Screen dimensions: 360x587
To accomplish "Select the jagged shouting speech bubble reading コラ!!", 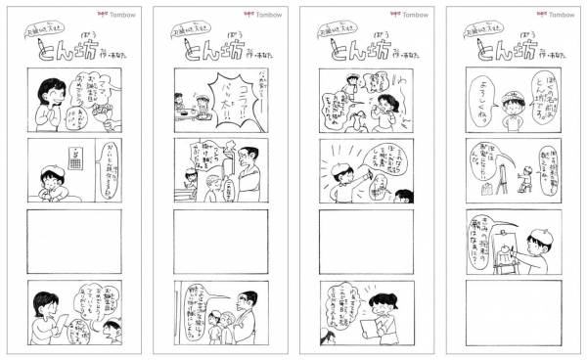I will point(227,99).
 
